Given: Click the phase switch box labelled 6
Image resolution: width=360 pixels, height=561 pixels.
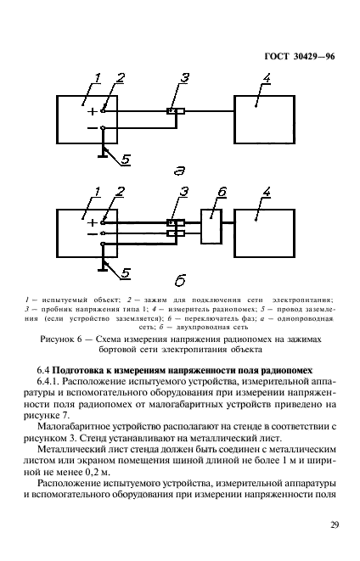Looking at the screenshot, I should coord(211,227).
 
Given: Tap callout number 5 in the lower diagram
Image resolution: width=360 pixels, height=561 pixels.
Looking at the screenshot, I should coord(125,273).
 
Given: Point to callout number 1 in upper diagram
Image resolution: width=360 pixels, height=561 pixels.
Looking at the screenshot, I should coord(97,79).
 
